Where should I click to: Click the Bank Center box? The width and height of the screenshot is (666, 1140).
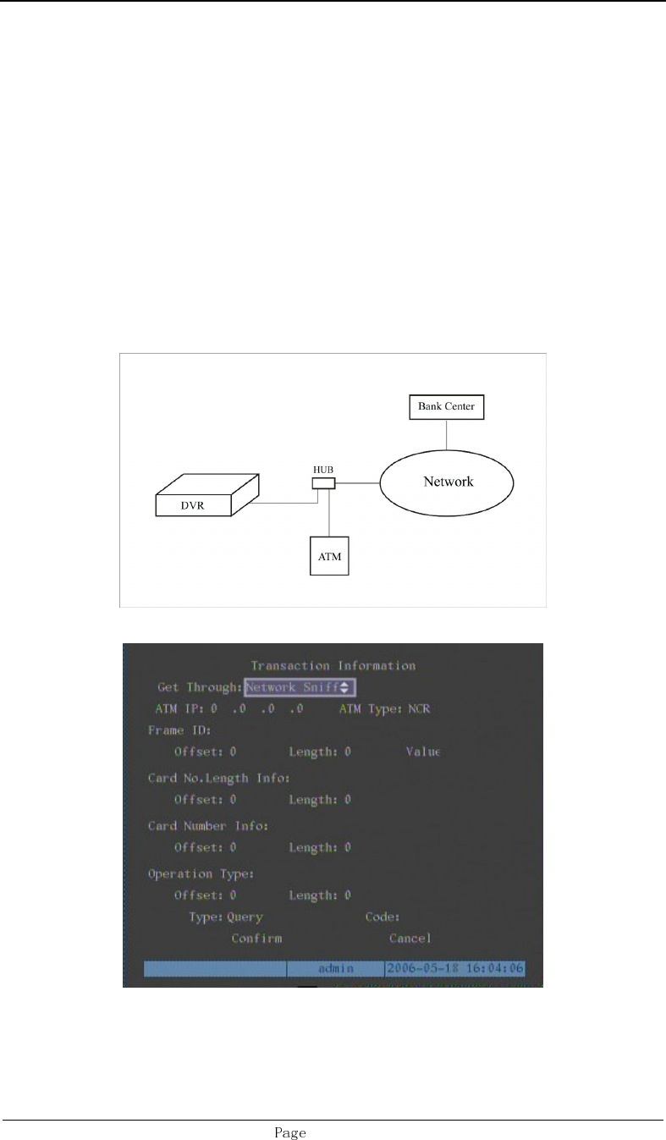click(447, 407)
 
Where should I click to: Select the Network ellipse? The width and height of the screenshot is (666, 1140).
click(448, 482)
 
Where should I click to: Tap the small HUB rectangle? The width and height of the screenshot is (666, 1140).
click(323, 483)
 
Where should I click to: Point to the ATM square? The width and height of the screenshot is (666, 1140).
click(328, 558)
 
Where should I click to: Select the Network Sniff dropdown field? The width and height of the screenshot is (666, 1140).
click(299, 688)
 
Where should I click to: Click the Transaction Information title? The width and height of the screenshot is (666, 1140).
click(333, 666)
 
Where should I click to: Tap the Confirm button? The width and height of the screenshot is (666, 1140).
click(256, 938)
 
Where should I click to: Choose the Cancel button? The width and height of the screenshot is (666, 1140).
click(410, 938)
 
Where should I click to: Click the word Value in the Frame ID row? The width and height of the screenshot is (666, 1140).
click(424, 752)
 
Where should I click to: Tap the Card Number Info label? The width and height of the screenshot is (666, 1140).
click(208, 826)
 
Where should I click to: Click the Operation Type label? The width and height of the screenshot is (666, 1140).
click(201, 873)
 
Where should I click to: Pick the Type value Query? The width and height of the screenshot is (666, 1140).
click(245, 917)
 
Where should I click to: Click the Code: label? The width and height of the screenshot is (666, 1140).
click(383, 917)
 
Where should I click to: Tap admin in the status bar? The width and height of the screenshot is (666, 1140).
click(336, 967)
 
